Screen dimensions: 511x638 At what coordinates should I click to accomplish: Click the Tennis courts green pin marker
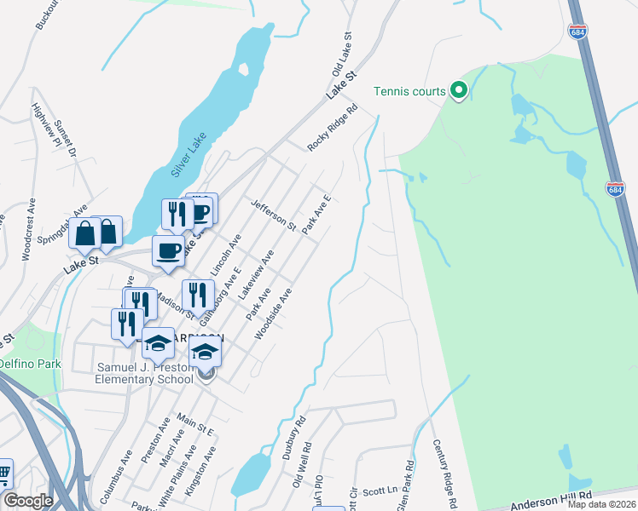(x=459, y=90)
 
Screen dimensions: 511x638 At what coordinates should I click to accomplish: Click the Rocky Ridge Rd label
(x=332, y=129)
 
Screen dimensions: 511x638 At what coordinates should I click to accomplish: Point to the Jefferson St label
(x=272, y=216)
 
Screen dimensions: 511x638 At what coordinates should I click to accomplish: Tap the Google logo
(x=27, y=501)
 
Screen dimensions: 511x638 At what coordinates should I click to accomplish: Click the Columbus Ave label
(x=116, y=469)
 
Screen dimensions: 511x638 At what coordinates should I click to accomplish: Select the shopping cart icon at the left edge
(x=4, y=472)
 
